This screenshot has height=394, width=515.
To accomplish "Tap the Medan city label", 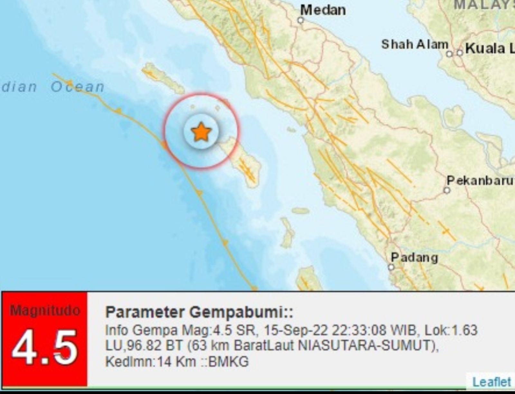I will [323, 10].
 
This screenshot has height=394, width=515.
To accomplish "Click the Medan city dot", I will [301, 21].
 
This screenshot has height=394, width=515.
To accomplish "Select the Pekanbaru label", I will [480, 180].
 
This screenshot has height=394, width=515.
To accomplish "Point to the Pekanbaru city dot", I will [447, 191].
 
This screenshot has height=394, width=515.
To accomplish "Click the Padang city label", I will [414, 258].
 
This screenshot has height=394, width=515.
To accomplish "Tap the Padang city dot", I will [391, 267].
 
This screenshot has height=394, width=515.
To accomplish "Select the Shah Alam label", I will [415, 44].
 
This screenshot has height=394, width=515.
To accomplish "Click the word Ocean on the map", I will [78, 87].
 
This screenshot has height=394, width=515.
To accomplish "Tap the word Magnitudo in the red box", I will [44, 310].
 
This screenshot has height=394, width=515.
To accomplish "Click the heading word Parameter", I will [145, 312].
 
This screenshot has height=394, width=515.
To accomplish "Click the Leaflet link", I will [491, 382].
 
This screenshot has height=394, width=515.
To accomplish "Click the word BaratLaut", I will [264, 346].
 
